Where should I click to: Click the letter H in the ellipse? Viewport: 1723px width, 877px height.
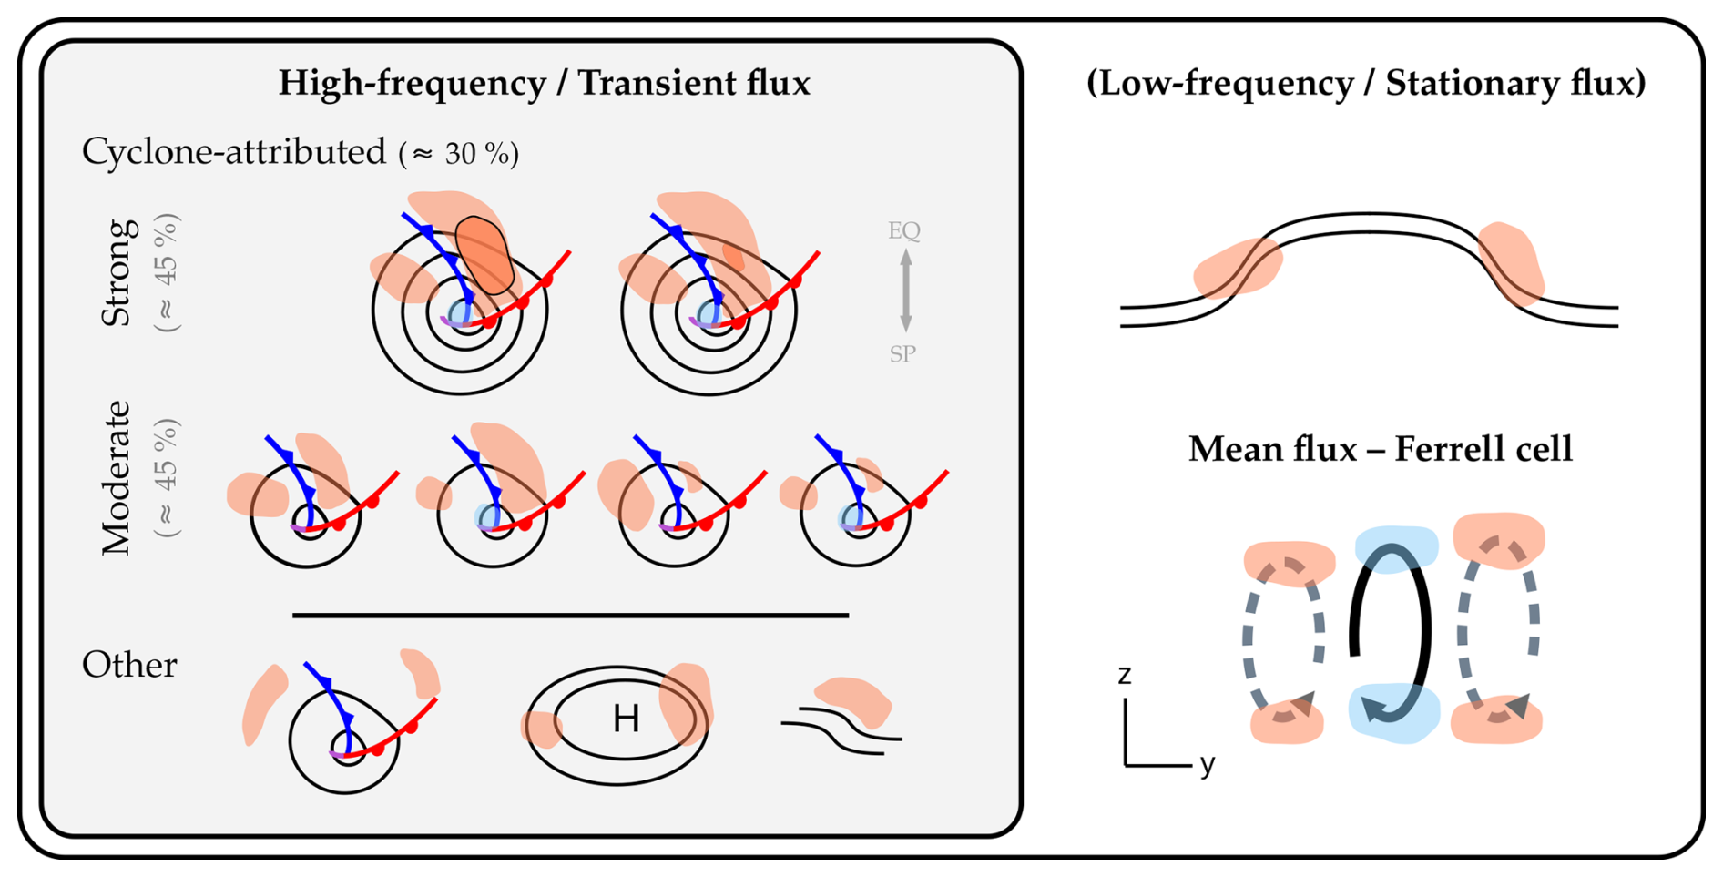(626, 719)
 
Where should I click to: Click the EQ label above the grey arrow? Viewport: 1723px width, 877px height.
(904, 230)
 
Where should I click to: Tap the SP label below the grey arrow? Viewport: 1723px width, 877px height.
(902, 353)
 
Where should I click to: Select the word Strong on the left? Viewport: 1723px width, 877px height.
(118, 272)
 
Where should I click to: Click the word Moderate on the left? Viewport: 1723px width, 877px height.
(117, 477)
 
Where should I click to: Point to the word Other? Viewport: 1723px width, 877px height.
(129, 665)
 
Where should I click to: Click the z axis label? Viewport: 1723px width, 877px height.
(1125, 675)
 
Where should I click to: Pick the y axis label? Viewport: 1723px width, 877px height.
(1208, 763)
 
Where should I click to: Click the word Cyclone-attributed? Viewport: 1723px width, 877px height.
(234, 151)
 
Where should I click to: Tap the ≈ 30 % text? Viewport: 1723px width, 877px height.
(460, 154)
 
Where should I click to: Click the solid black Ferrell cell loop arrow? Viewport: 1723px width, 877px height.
(1422, 628)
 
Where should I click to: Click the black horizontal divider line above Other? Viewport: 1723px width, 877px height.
(570, 616)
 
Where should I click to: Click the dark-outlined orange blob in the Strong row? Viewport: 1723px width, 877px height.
(484, 254)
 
